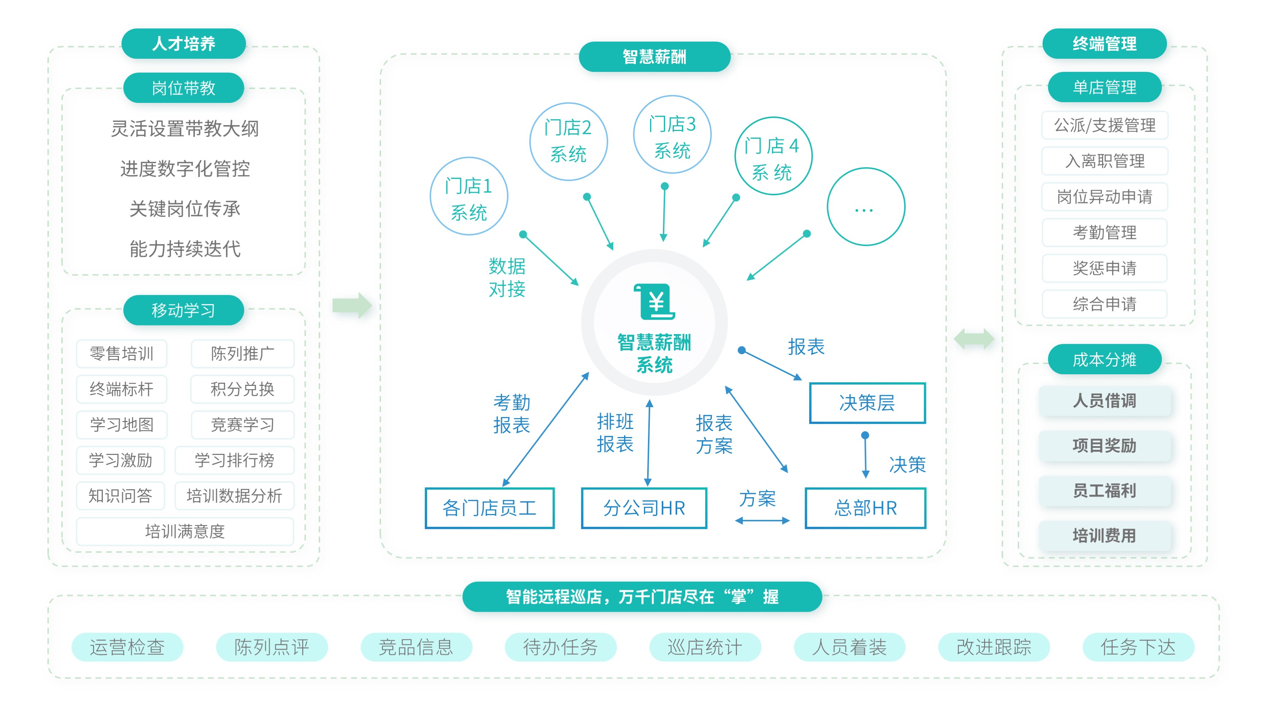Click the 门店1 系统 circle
pyautogui.click(x=469, y=197)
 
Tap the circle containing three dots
pyautogui.click(x=866, y=206)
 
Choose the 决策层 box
pyautogui.click(x=867, y=403)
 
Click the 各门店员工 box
pyautogui.click(x=489, y=508)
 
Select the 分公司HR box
pyautogui.click(x=644, y=508)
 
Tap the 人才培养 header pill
pyautogui.click(x=183, y=43)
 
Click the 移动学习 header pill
pyautogui.click(x=183, y=310)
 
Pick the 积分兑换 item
pyautogui.click(x=242, y=389)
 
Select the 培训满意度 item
pyautogui.click(x=185, y=531)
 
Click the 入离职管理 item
pyautogui.click(x=1105, y=161)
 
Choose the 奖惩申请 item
pyautogui.click(x=1105, y=268)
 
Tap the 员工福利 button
pyautogui.click(x=1105, y=491)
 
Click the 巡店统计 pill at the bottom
pyautogui.click(x=704, y=647)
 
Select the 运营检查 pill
pyautogui.click(x=127, y=647)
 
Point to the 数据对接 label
pyautogui.click(x=507, y=278)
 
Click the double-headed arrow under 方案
pyautogui.click(x=762, y=521)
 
